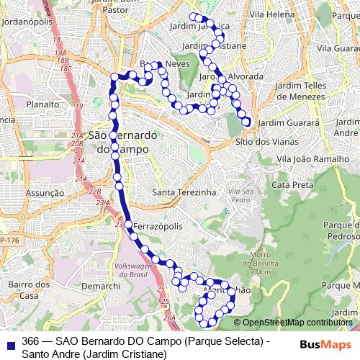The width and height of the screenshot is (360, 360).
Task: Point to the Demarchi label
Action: [101, 286]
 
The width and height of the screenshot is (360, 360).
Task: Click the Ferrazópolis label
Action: [156, 226]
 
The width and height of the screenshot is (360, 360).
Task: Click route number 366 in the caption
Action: [31, 341]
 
